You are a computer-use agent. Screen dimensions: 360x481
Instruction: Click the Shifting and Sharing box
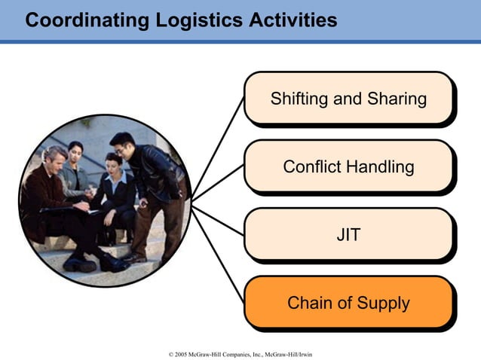[348, 99]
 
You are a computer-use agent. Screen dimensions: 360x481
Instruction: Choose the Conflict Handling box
[348, 166]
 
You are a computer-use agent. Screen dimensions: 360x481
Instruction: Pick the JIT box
[348, 235]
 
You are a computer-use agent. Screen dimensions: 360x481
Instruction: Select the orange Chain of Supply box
[348, 303]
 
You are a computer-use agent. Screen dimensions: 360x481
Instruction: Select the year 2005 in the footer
[180, 353]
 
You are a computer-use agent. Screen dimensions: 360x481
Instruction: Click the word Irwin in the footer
[304, 353]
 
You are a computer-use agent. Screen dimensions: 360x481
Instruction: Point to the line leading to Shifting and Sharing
[219, 151]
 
